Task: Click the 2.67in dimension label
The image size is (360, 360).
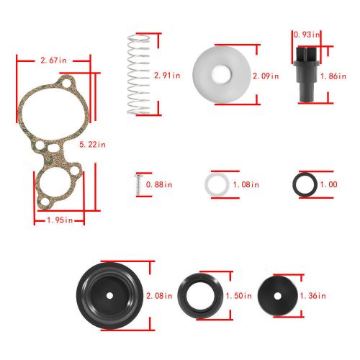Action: click(x=53, y=60)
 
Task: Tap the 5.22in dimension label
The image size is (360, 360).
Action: click(x=92, y=145)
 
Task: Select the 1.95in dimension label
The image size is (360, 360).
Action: click(x=60, y=220)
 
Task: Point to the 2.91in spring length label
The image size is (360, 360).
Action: click(x=167, y=76)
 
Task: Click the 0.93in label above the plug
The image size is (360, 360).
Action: click(x=307, y=35)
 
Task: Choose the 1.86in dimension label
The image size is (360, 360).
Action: click(x=333, y=76)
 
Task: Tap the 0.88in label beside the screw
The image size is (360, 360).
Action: click(x=159, y=184)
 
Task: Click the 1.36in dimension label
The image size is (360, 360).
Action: click(x=313, y=296)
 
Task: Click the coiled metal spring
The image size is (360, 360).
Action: click(x=139, y=74)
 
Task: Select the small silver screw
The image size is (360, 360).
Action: click(x=138, y=185)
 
